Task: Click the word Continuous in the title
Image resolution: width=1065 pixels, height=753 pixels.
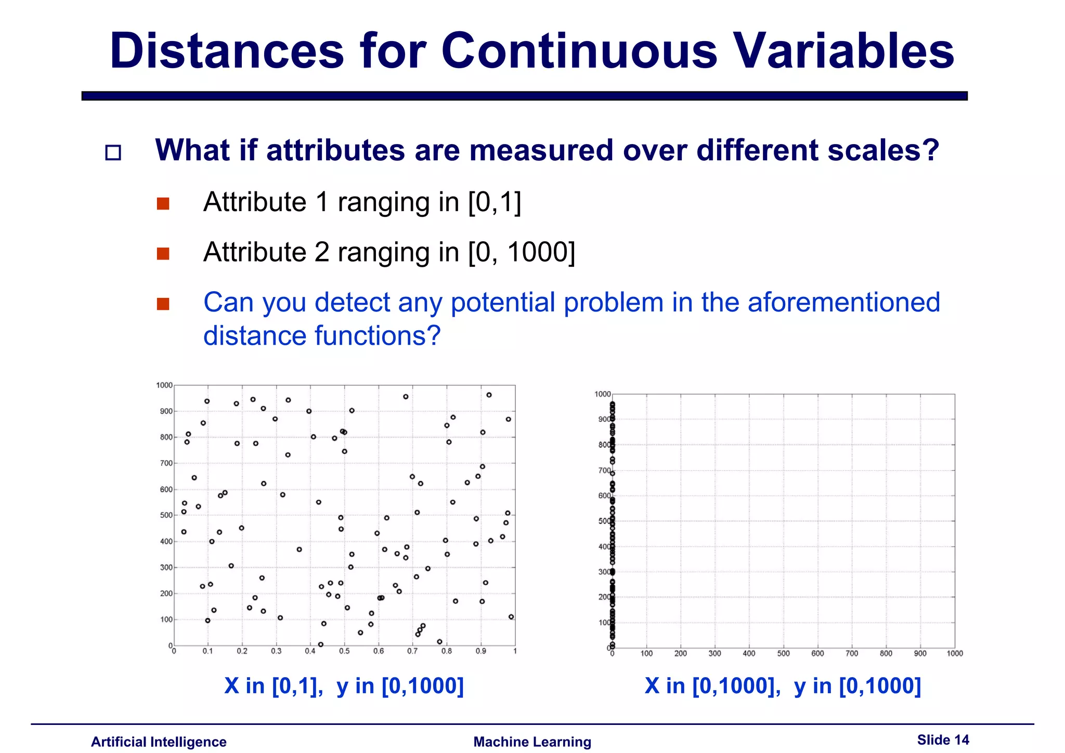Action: point(579,51)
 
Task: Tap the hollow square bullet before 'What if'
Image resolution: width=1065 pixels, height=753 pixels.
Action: point(113,152)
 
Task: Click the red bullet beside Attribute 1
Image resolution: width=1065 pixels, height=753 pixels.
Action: point(163,203)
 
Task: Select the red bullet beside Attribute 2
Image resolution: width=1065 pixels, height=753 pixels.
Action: point(163,254)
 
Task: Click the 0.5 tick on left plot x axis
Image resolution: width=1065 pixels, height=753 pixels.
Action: point(344,651)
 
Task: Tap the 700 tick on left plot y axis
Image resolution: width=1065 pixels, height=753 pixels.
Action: point(166,463)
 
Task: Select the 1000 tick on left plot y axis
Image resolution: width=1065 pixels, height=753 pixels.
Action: point(164,385)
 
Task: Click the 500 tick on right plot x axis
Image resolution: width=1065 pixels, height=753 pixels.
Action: point(783,654)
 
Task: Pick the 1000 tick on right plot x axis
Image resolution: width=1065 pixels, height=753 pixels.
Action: point(955,654)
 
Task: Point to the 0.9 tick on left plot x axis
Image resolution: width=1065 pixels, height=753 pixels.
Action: point(480,651)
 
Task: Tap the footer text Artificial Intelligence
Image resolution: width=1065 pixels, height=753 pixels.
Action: point(159,742)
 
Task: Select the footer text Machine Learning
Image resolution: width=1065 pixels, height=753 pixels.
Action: point(532,742)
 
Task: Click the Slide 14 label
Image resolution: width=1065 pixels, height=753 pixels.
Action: point(943,739)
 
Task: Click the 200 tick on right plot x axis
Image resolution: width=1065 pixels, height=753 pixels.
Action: point(680,654)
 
